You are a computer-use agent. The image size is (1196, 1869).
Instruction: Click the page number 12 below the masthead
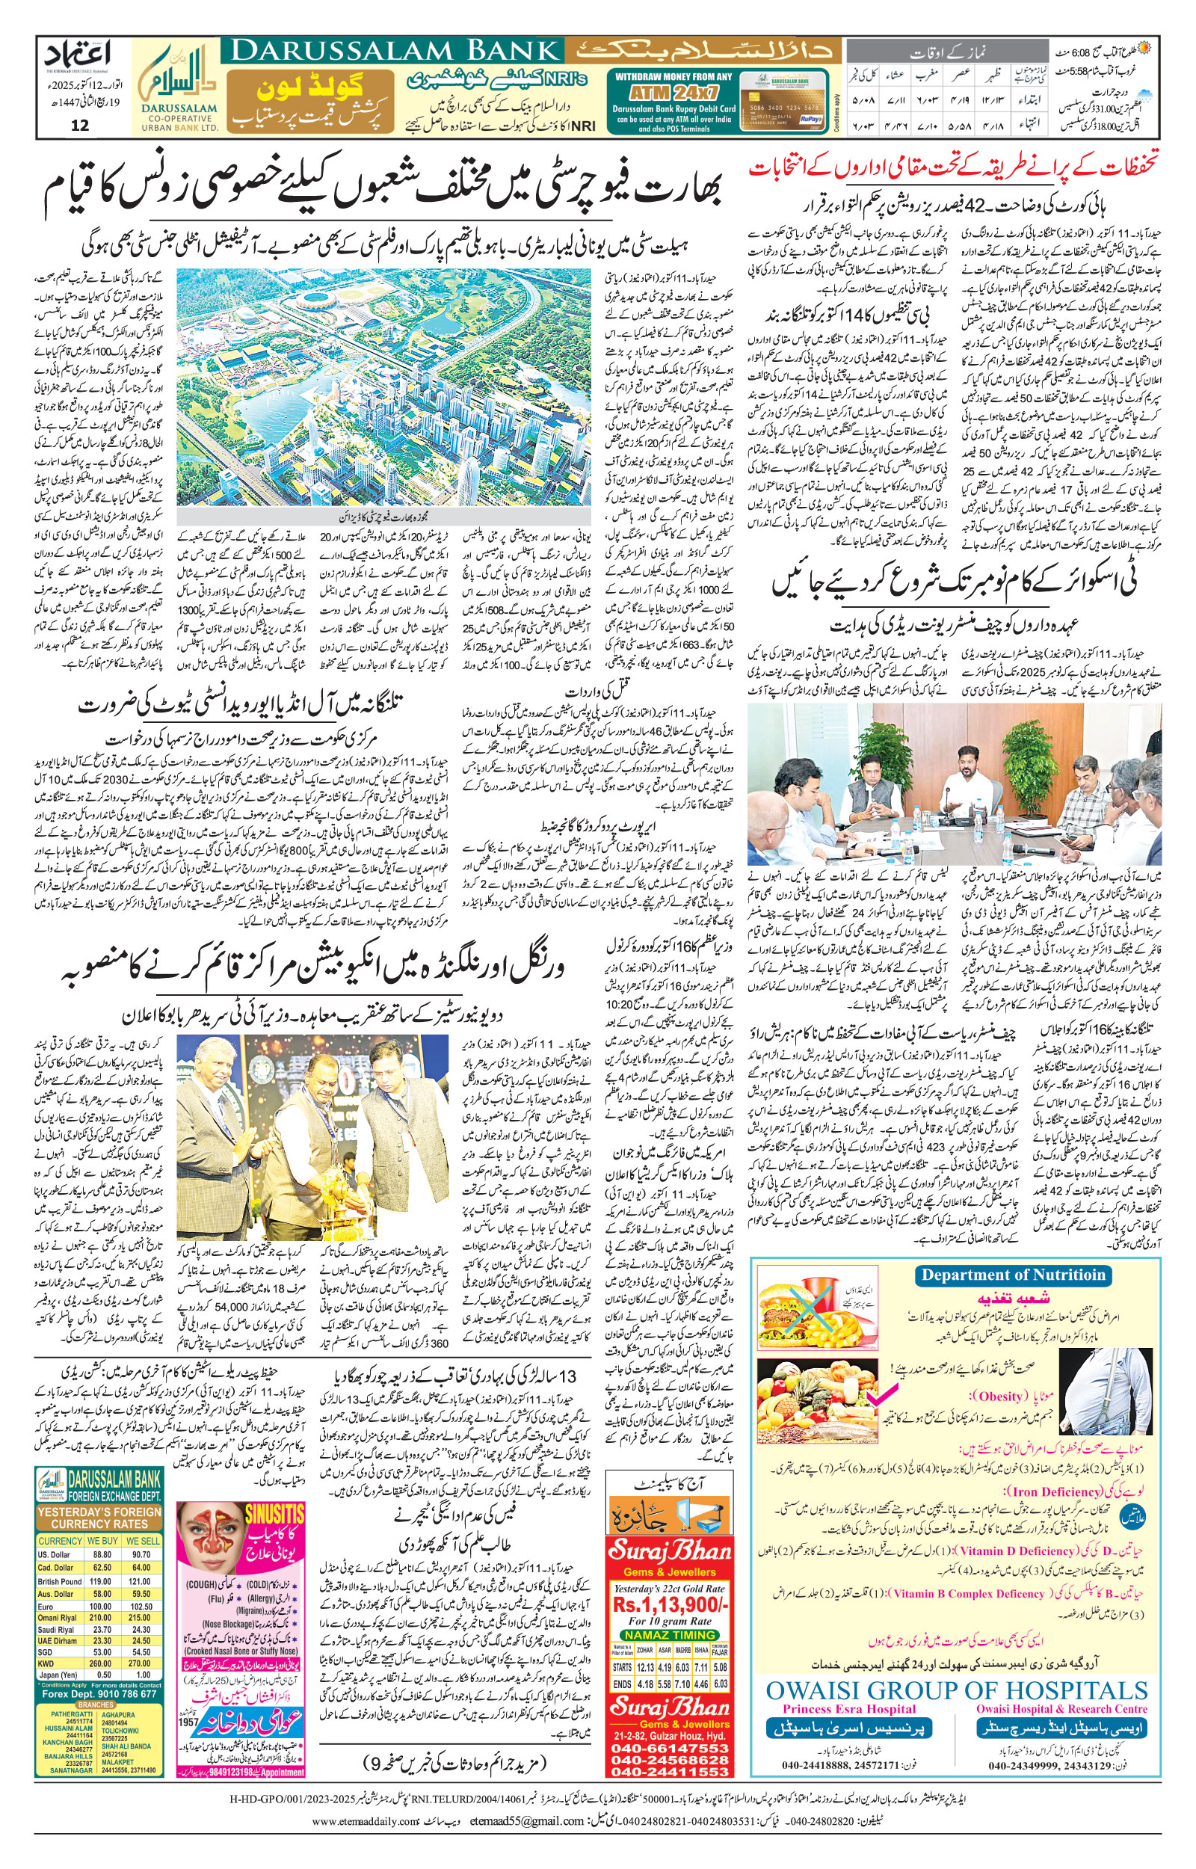(x=79, y=126)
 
